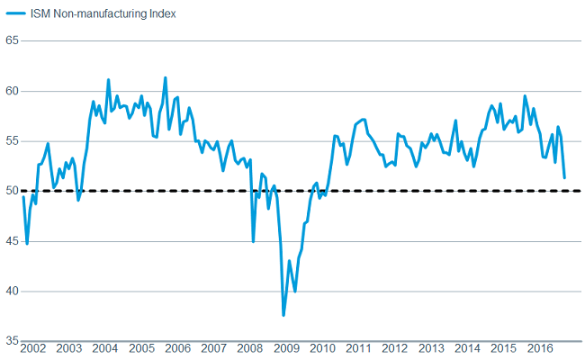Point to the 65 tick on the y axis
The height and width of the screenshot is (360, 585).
pos(12,41)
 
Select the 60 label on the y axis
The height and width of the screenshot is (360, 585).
pos(12,91)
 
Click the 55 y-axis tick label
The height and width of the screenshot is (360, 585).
pos(12,141)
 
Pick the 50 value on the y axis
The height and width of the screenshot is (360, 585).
pos(12,191)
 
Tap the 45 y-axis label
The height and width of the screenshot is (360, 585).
pos(12,241)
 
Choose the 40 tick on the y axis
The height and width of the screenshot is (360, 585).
pos(12,291)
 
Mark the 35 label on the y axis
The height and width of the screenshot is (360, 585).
pos(12,341)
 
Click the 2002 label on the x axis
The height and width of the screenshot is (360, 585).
pos(34,348)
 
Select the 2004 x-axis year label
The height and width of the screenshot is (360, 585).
pos(105,348)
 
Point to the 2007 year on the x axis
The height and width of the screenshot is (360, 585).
pos(214,348)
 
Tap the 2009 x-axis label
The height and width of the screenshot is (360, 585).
pos(287,348)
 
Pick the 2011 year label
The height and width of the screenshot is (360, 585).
pos(360,348)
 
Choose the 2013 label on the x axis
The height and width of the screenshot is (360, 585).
pos(432,348)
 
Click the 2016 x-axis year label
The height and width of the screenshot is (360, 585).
pos(541,348)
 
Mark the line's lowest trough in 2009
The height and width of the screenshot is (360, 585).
pos(283,314)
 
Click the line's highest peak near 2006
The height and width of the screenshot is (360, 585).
pos(166,78)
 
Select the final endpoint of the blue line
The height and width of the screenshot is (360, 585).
pos(564,177)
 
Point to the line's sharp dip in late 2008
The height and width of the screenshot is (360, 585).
pos(253,240)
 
